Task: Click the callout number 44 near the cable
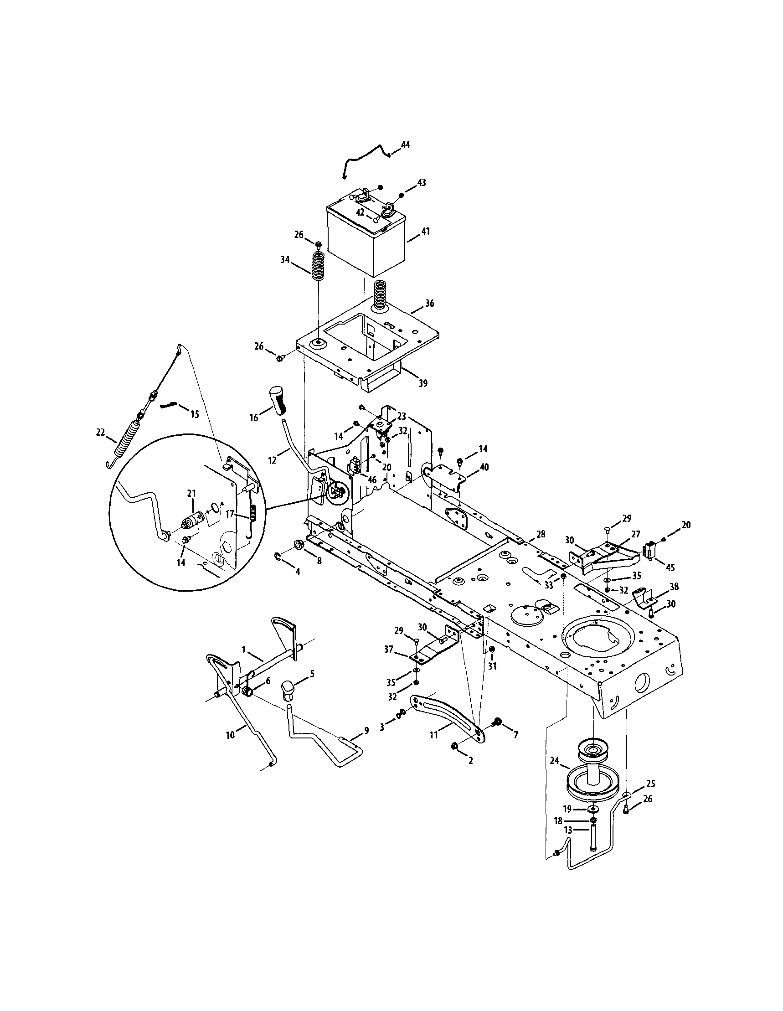point(405,145)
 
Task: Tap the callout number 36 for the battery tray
point(429,303)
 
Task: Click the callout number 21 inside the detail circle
point(191,494)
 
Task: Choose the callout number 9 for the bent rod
point(366,731)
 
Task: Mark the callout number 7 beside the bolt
point(515,734)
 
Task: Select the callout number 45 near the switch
point(670,567)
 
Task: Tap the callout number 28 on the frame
point(540,534)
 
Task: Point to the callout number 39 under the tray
point(423,383)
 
